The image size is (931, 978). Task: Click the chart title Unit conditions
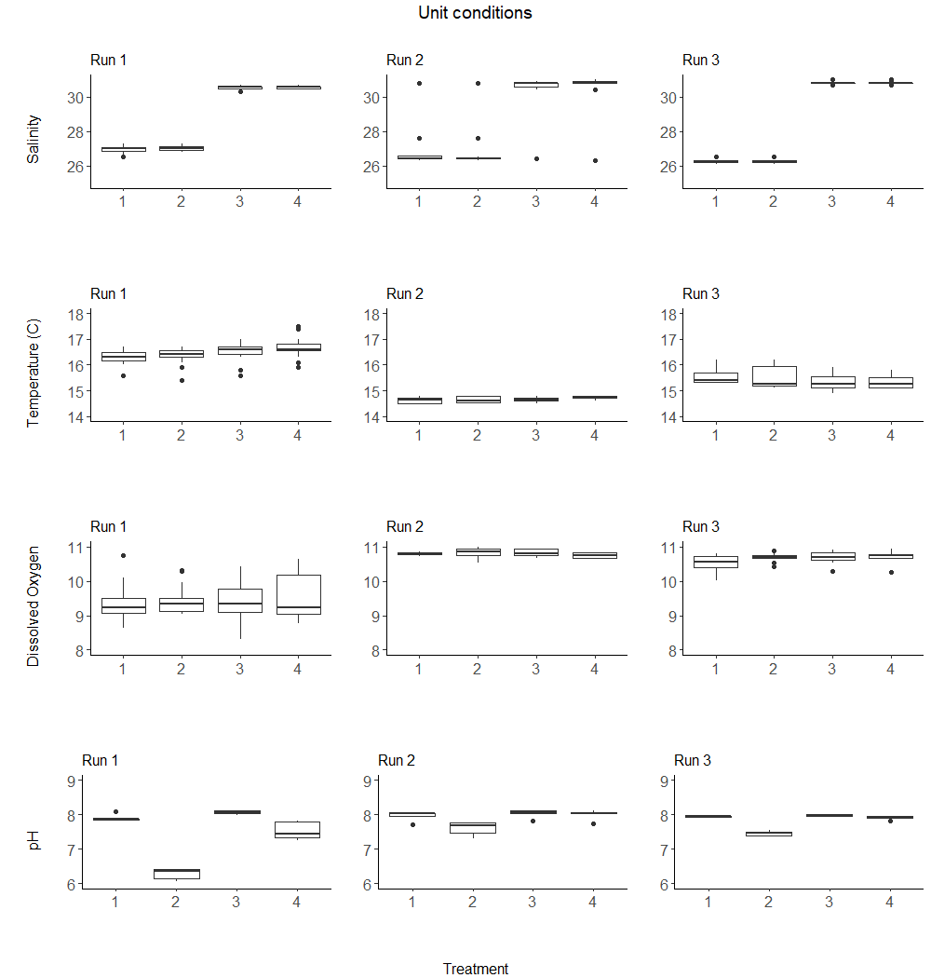475,13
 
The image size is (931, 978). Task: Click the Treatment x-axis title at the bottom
475,969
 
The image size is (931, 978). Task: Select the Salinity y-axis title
34,139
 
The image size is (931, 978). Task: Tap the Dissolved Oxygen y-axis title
34,606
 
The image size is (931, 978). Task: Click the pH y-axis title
34,840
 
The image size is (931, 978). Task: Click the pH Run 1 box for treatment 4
297,830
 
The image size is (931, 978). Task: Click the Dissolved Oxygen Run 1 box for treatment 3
239,601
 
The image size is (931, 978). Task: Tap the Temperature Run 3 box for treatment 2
774,376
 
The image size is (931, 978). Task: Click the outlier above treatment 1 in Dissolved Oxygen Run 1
123,556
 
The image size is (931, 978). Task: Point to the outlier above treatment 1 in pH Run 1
115,812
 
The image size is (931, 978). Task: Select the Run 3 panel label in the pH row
692,760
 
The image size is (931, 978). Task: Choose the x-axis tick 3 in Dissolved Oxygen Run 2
535,669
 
